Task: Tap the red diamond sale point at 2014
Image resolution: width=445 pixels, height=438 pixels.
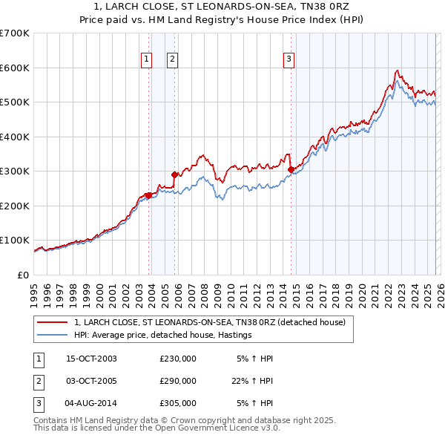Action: pyautogui.click(x=291, y=169)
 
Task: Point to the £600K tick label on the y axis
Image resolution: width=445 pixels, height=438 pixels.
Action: pyautogui.click(x=15, y=68)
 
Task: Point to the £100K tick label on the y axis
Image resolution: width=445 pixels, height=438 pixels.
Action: pyautogui.click(x=15, y=241)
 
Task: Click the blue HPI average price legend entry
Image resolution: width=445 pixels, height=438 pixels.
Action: pyautogui.click(x=163, y=336)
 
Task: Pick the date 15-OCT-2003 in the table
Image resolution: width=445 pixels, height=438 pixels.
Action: pyautogui.click(x=91, y=359)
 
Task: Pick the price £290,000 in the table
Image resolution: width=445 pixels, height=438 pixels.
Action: pyautogui.click(x=178, y=381)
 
